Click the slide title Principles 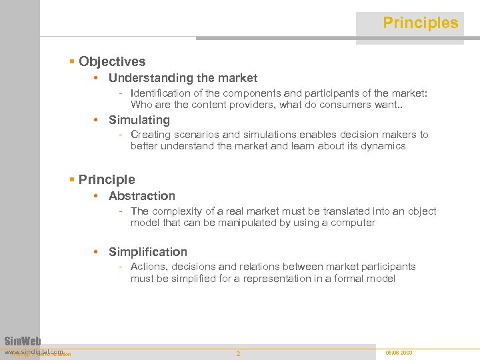click(420, 23)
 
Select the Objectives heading click(112, 61)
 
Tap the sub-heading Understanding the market click(183, 78)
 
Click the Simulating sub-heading click(139, 120)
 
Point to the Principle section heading click(107, 179)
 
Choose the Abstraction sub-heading click(142, 196)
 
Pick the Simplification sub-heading click(148, 252)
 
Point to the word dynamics click(382, 146)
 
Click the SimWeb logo click(23, 340)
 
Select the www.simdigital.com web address click(33, 351)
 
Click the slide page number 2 click(238, 353)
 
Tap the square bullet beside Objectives click(72, 62)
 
